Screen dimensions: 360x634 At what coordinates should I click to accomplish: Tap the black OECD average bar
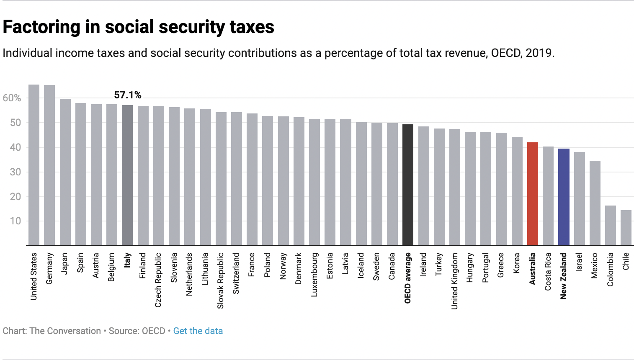pos(408,185)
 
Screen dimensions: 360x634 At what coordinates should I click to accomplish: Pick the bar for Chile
pos(626,228)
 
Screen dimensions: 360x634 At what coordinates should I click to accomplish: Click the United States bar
pos(34,165)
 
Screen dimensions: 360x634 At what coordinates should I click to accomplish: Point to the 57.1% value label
pos(128,95)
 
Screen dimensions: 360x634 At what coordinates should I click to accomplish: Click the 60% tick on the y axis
pos(12,98)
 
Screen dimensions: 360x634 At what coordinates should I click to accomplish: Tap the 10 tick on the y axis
pos(15,221)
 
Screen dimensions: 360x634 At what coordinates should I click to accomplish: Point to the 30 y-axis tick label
pos(15,172)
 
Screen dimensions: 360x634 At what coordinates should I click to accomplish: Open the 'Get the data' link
pos(198,331)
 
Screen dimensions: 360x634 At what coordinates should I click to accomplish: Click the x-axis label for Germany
pos(49,268)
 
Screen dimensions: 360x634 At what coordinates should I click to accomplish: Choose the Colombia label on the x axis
pos(610,269)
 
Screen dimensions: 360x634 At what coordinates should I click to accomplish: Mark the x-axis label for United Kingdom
pos(454,281)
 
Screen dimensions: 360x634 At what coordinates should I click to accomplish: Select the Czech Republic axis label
pos(158,280)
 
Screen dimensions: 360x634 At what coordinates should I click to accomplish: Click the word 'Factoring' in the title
pos(41,27)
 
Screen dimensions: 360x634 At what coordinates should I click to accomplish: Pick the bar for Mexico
pos(595,203)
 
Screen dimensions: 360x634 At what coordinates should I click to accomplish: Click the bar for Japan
pos(65,172)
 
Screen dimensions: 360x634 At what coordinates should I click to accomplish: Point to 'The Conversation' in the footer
pos(65,331)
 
